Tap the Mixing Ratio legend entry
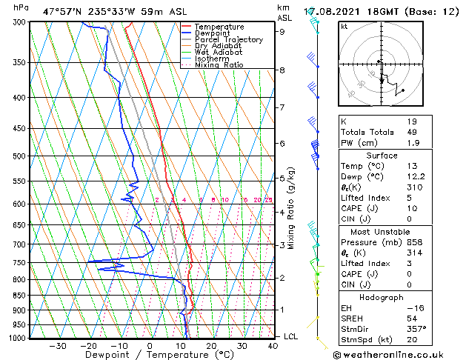point(219,64)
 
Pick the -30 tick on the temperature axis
point(57,345)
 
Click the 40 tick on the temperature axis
point(273,345)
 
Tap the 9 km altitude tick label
point(282,32)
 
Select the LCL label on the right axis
point(291,336)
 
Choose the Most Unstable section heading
point(382,232)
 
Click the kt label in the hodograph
point(344,26)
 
